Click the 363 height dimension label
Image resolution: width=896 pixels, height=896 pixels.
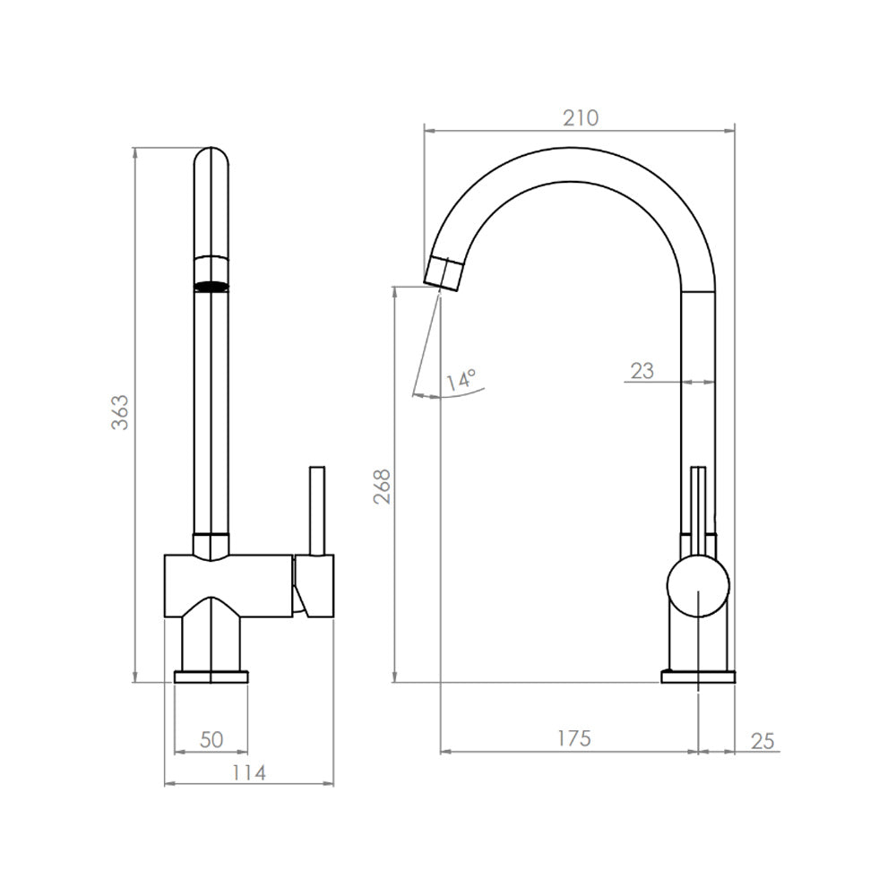tap(120, 411)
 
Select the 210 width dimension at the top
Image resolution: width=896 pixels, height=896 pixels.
tap(580, 117)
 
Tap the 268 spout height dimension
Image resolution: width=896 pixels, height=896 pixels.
tap(382, 487)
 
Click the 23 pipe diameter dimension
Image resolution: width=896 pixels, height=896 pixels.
tap(642, 370)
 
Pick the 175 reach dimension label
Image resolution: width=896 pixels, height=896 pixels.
tap(573, 738)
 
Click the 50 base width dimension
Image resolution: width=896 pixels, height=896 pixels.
tap(211, 739)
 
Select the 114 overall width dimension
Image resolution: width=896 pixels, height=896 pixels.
tap(248, 772)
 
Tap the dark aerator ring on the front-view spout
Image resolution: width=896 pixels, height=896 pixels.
tap(211, 288)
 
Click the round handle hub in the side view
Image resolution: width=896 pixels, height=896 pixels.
tap(698, 587)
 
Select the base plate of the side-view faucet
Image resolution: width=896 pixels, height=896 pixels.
tap(698, 676)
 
